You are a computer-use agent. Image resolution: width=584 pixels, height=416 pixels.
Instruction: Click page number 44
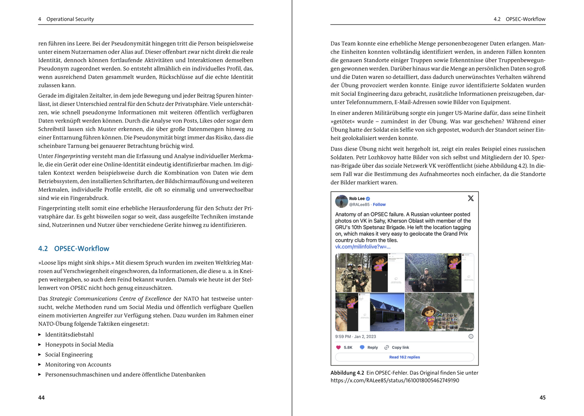42,398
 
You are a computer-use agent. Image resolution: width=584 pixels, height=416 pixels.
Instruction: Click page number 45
542,398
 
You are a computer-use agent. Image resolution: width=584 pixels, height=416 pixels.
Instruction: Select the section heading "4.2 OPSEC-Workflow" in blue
74,249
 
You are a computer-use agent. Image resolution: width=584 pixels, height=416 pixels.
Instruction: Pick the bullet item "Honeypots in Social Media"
79,344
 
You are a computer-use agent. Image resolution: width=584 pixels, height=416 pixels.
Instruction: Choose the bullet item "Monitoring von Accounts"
78,365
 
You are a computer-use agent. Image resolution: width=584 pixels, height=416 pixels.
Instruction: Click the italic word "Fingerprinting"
72,156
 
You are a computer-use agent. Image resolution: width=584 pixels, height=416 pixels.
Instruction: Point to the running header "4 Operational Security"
66,19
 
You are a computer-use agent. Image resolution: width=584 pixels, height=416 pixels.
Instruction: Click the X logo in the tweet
470,198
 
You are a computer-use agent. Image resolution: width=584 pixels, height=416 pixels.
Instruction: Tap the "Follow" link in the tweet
379,205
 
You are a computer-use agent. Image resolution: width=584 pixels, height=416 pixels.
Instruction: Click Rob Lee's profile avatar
342,201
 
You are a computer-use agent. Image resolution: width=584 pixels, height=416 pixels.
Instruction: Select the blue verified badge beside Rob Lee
368,199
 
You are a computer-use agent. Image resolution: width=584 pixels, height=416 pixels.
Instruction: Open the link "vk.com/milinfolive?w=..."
363,247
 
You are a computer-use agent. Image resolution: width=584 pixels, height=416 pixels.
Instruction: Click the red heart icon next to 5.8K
338,347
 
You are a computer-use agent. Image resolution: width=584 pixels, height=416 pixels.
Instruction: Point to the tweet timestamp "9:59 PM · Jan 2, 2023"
356,336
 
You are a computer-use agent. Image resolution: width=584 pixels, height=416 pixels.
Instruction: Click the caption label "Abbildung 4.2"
347,373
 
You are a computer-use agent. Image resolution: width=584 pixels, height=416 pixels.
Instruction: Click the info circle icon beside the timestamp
471,336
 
